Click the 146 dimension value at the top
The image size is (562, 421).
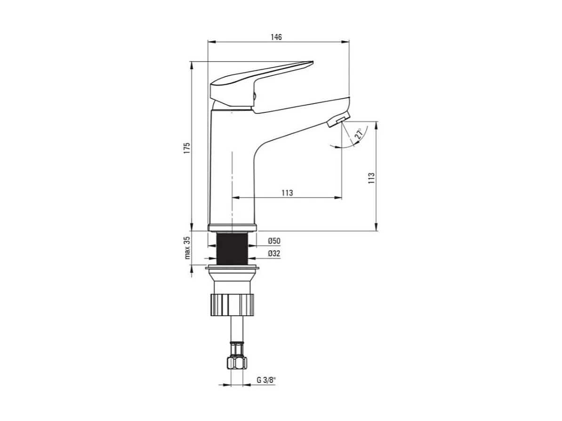click(276, 37)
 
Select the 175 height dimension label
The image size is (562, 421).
click(186, 148)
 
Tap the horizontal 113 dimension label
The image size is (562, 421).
click(287, 193)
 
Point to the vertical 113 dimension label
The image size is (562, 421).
click(371, 178)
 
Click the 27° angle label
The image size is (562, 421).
click(359, 135)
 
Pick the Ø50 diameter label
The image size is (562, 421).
click(274, 241)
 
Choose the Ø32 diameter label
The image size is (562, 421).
click(274, 254)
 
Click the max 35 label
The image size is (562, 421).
click(187, 247)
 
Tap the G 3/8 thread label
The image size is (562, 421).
click(266, 380)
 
